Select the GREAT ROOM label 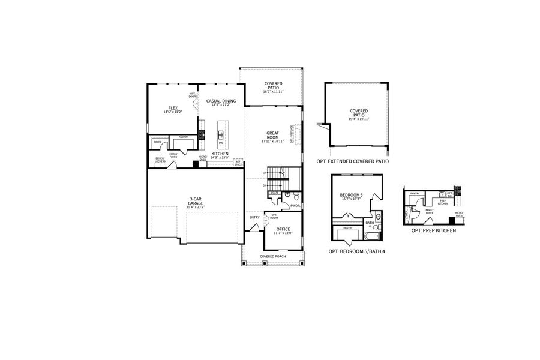tap(274, 137)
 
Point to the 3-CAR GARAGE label tap(195, 202)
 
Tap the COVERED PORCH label tap(273, 256)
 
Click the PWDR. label tap(295, 206)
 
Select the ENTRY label tap(254, 217)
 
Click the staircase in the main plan tap(277, 177)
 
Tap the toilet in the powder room tap(288, 195)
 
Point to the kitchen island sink tap(220, 134)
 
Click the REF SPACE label tap(238, 163)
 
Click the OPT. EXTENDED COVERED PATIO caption tap(353, 161)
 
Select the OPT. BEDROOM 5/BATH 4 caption tap(356, 251)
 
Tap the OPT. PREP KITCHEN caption tap(433, 230)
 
